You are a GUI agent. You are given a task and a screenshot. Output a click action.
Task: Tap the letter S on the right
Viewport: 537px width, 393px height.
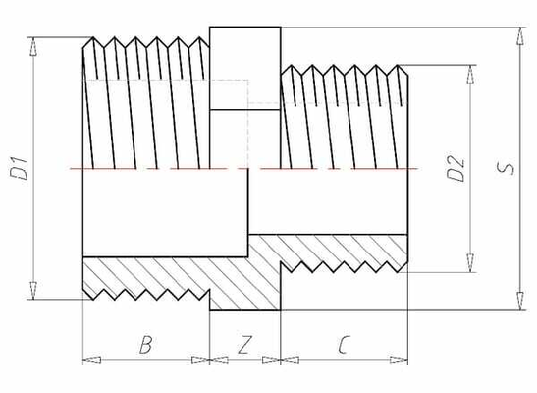[507, 168]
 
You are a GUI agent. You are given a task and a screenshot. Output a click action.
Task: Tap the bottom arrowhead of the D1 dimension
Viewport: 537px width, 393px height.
[34, 292]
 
